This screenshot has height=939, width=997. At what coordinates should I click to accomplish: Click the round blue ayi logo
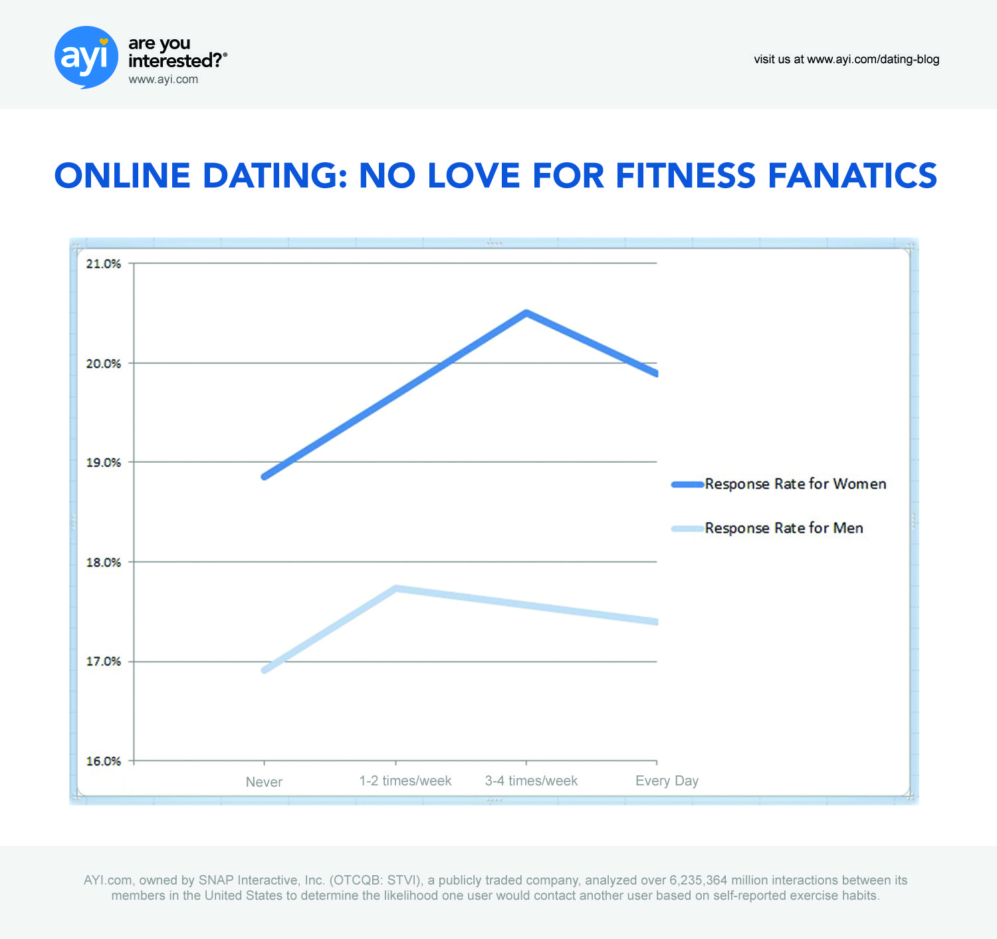click(x=86, y=57)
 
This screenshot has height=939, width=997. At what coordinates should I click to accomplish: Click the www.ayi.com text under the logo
click(x=163, y=79)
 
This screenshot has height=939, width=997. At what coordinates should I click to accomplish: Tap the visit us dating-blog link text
click(x=846, y=59)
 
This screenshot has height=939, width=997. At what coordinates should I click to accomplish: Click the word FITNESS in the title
click(x=685, y=176)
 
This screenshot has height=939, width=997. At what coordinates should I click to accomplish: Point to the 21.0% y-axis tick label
click(x=104, y=264)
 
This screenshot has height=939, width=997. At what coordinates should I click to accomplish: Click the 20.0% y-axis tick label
click(x=104, y=364)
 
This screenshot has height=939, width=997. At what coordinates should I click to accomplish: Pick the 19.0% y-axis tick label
click(x=104, y=463)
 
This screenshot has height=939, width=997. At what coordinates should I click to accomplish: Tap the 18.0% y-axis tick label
click(x=104, y=563)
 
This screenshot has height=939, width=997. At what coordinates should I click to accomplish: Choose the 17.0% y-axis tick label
click(x=104, y=662)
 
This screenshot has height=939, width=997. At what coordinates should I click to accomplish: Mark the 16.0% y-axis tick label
click(x=104, y=761)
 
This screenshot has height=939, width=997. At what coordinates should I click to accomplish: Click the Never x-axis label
click(x=264, y=782)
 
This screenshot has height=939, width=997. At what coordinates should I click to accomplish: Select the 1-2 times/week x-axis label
click(x=405, y=781)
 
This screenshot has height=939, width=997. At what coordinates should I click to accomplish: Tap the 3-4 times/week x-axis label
click(x=531, y=781)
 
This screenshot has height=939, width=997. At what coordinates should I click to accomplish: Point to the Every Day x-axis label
click(x=667, y=781)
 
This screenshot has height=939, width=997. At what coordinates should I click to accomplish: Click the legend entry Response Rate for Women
click(x=795, y=484)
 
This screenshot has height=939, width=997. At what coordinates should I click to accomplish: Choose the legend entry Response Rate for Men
click(x=784, y=528)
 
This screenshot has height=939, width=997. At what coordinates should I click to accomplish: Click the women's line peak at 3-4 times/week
click(x=526, y=313)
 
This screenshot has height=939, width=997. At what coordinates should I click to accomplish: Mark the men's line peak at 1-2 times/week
click(x=395, y=588)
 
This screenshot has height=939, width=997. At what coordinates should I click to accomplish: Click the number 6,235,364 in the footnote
click(x=698, y=880)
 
